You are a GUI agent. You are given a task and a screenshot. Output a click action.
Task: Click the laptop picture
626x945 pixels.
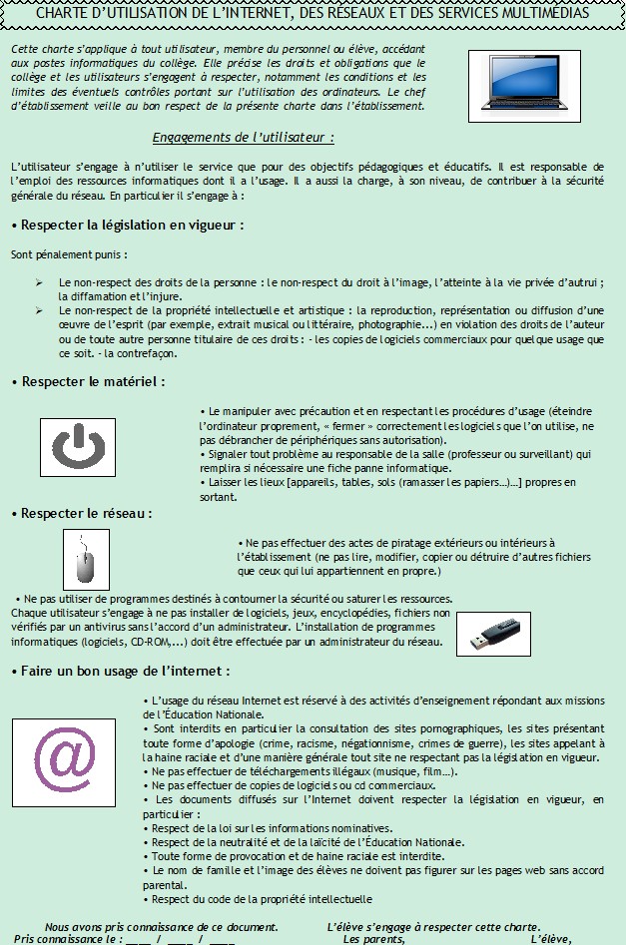click(523, 86)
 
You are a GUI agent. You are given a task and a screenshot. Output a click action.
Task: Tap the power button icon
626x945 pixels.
click(82, 446)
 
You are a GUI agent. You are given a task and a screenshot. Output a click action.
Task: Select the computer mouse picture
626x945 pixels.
click(85, 559)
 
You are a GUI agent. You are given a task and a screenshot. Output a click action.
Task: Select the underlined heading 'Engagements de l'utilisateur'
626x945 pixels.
click(243, 137)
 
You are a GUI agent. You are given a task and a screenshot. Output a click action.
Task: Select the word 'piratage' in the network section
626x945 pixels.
click(392, 544)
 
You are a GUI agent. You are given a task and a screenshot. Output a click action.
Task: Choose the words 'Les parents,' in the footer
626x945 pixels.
click(374, 939)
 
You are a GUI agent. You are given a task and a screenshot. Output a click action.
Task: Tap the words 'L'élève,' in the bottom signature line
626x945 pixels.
click(550, 939)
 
